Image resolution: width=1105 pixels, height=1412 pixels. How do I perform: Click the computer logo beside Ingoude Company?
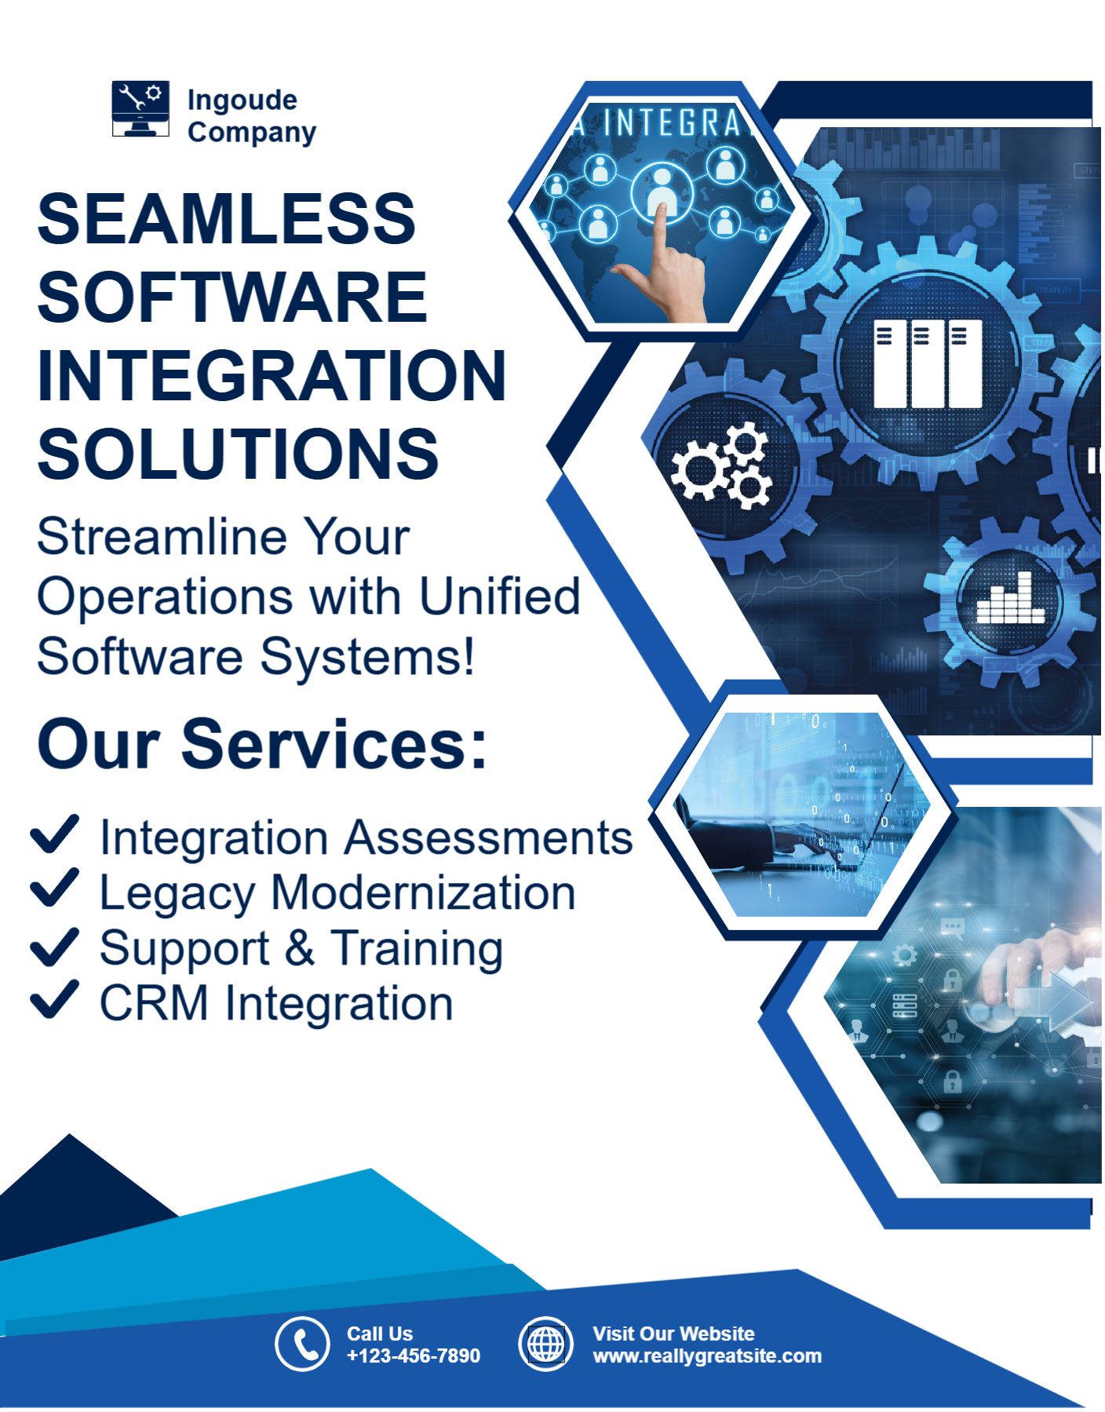click(x=140, y=108)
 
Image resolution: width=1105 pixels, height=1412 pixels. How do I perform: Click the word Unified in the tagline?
click(x=500, y=597)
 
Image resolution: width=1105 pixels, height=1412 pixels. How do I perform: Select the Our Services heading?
click(x=262, y=744)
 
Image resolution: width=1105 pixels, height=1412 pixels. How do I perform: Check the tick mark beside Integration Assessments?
click(x=54, y=834)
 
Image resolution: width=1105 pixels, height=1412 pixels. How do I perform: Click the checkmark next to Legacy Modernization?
click(x=54, y=888)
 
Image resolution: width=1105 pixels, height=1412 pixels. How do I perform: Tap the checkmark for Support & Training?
click(x=54, y=946)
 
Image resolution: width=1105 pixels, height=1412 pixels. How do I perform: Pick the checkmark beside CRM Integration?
click(x=54, y=1000)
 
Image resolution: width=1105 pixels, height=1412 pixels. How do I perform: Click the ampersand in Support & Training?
click(x=300, y=948)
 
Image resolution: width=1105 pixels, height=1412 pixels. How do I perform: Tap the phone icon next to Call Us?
click(x=302, y=1344)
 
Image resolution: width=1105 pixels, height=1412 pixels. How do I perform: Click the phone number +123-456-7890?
click(x=414, y=1355)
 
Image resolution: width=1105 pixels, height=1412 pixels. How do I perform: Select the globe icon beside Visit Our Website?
click(x=545, y=1344)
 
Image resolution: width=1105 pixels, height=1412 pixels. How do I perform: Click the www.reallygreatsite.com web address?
click(x=707, y=1356)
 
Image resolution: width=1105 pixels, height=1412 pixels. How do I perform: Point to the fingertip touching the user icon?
click(x=662, y=210)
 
